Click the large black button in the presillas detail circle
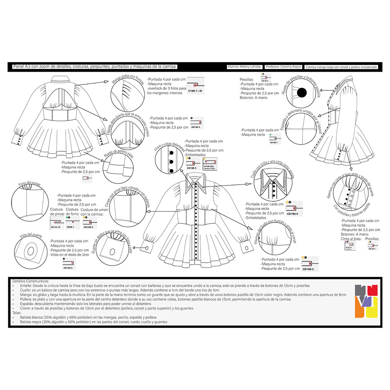[x=302, y=93]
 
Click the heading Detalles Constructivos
[x=31, y=281]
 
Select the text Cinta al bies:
[x=352, y=239]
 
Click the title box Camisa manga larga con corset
[x=341, y=67]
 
